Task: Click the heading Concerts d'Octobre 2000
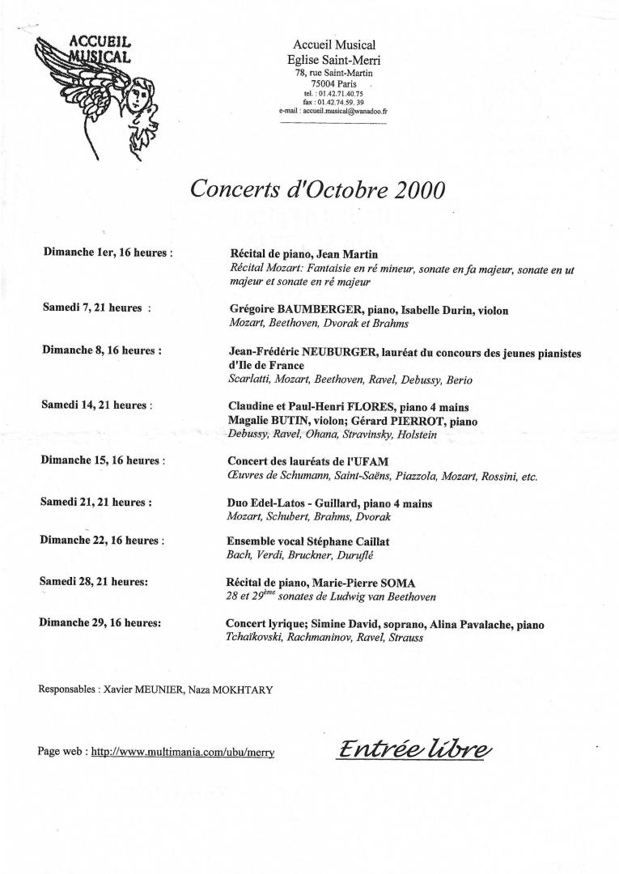317,189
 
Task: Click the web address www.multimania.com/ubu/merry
183,752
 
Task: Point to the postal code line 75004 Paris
333,83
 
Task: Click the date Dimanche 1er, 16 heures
108,252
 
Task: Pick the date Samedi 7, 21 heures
96,308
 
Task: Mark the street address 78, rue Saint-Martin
333,73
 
